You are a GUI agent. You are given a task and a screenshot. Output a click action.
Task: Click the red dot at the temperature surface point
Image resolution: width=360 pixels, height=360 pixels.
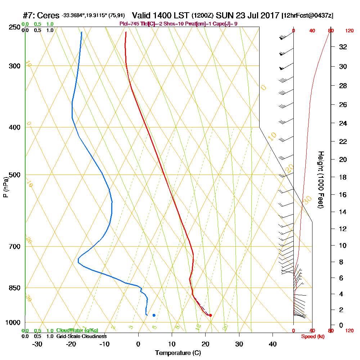[210, 315]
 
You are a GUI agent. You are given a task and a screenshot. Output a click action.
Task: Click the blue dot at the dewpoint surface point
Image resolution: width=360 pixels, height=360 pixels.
[154, 315]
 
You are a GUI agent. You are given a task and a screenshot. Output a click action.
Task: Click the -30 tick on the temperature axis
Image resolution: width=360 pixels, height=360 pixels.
[37, 344]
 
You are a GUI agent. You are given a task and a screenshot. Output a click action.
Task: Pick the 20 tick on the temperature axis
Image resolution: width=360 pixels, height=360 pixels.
[206, 344]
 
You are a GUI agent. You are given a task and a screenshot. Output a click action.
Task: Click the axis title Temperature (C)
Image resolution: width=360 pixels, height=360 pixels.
[178, 353]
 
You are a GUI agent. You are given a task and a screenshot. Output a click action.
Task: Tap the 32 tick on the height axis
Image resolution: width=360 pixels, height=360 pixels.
[343, 47]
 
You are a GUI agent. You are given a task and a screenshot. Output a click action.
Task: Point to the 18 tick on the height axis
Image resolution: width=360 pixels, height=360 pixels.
[343, 177]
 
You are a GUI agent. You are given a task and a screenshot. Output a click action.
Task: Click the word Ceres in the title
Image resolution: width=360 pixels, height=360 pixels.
[48, 15]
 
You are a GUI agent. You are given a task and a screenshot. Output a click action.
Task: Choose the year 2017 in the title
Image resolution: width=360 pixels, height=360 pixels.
[269, 15]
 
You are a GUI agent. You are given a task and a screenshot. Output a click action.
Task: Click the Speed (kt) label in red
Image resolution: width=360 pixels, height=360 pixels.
[312, 336]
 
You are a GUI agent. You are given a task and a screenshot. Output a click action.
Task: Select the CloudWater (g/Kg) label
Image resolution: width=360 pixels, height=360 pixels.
[77, 330]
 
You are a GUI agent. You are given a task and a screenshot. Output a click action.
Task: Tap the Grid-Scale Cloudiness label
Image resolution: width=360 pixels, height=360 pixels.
[81, 336]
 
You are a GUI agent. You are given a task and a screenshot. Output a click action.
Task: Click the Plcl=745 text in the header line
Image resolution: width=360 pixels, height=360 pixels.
[131, 24]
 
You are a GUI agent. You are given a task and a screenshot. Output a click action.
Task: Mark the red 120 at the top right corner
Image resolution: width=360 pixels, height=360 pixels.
[349, 31]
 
